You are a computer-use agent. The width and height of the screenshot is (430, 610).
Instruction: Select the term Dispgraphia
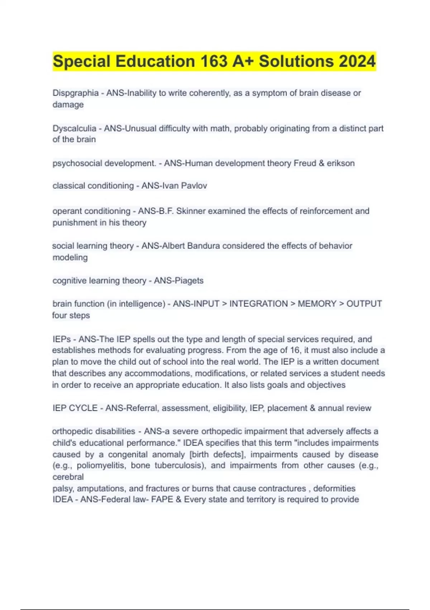tap(76, 93)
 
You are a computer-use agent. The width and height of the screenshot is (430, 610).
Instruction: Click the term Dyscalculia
tap(75, 128)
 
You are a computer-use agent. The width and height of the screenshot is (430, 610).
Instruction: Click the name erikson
tap(340, 163)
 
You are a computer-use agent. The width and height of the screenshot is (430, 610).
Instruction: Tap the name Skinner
tap(191, 211)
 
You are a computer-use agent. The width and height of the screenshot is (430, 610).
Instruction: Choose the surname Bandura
tap(204, 246)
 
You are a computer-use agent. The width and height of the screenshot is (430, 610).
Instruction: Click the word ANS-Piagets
tap(178, 281)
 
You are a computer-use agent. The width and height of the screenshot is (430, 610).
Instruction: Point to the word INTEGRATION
tap(258, 304)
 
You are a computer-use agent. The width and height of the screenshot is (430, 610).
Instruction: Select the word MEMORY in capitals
tap(317, 304)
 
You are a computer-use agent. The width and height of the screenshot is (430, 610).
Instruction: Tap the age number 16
tap(296, 350)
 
